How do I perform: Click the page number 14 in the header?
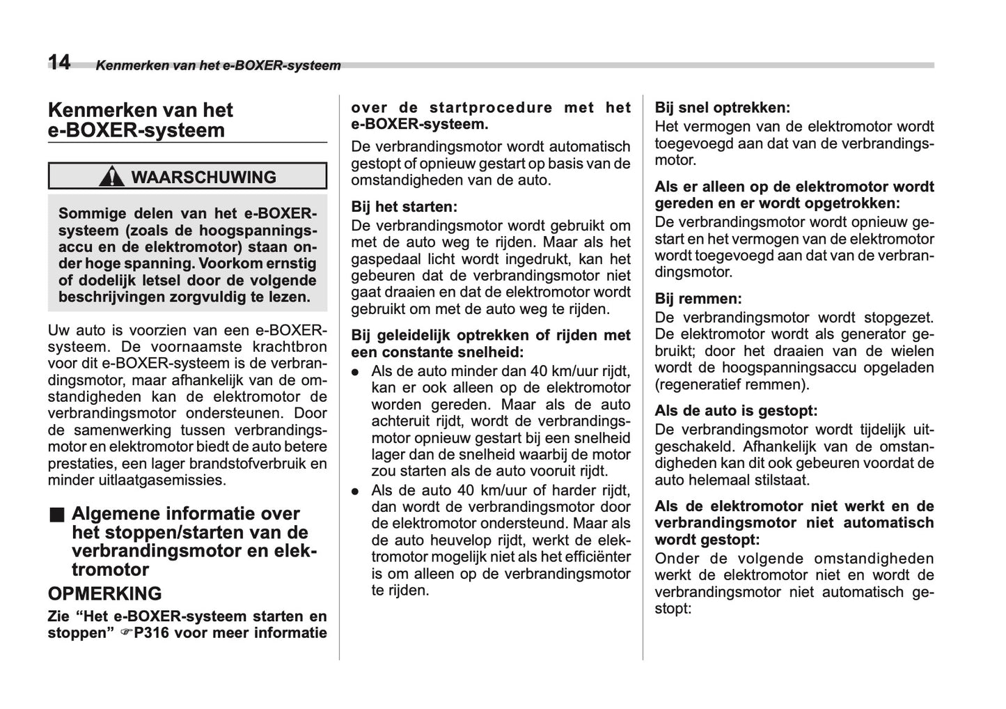tap(59, 63)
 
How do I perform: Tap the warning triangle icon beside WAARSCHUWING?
tap(111, 177)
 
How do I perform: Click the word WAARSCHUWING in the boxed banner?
tap(203, 177)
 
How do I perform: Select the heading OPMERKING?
tap(104, 593)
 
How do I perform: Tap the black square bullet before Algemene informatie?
tap(56, 515)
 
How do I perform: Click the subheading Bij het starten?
tap(404, 207)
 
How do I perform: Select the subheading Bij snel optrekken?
tap(722, 108)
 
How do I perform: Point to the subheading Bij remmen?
tap(698, 299)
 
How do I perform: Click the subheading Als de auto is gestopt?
tap(736, 411)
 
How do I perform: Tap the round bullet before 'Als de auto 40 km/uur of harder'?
tap(355, 491)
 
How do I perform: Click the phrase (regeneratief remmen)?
tap(732, 384)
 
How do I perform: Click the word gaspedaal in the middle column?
tap(382, 259)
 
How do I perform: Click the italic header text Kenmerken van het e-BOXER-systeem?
tap(218, 66)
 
